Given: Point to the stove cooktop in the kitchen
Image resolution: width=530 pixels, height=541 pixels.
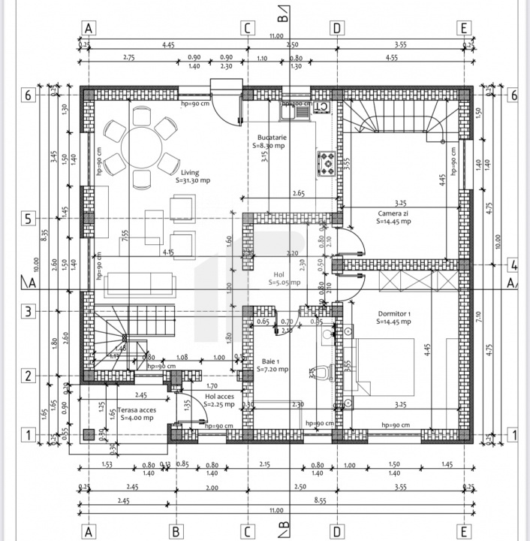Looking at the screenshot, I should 328,162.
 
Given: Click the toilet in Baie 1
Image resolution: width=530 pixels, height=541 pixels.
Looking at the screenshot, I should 321,373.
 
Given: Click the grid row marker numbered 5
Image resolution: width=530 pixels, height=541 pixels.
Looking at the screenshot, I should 28,219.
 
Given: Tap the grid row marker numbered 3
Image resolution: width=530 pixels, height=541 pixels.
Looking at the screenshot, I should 28,311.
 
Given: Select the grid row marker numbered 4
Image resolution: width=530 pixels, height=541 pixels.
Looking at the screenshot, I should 513,265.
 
